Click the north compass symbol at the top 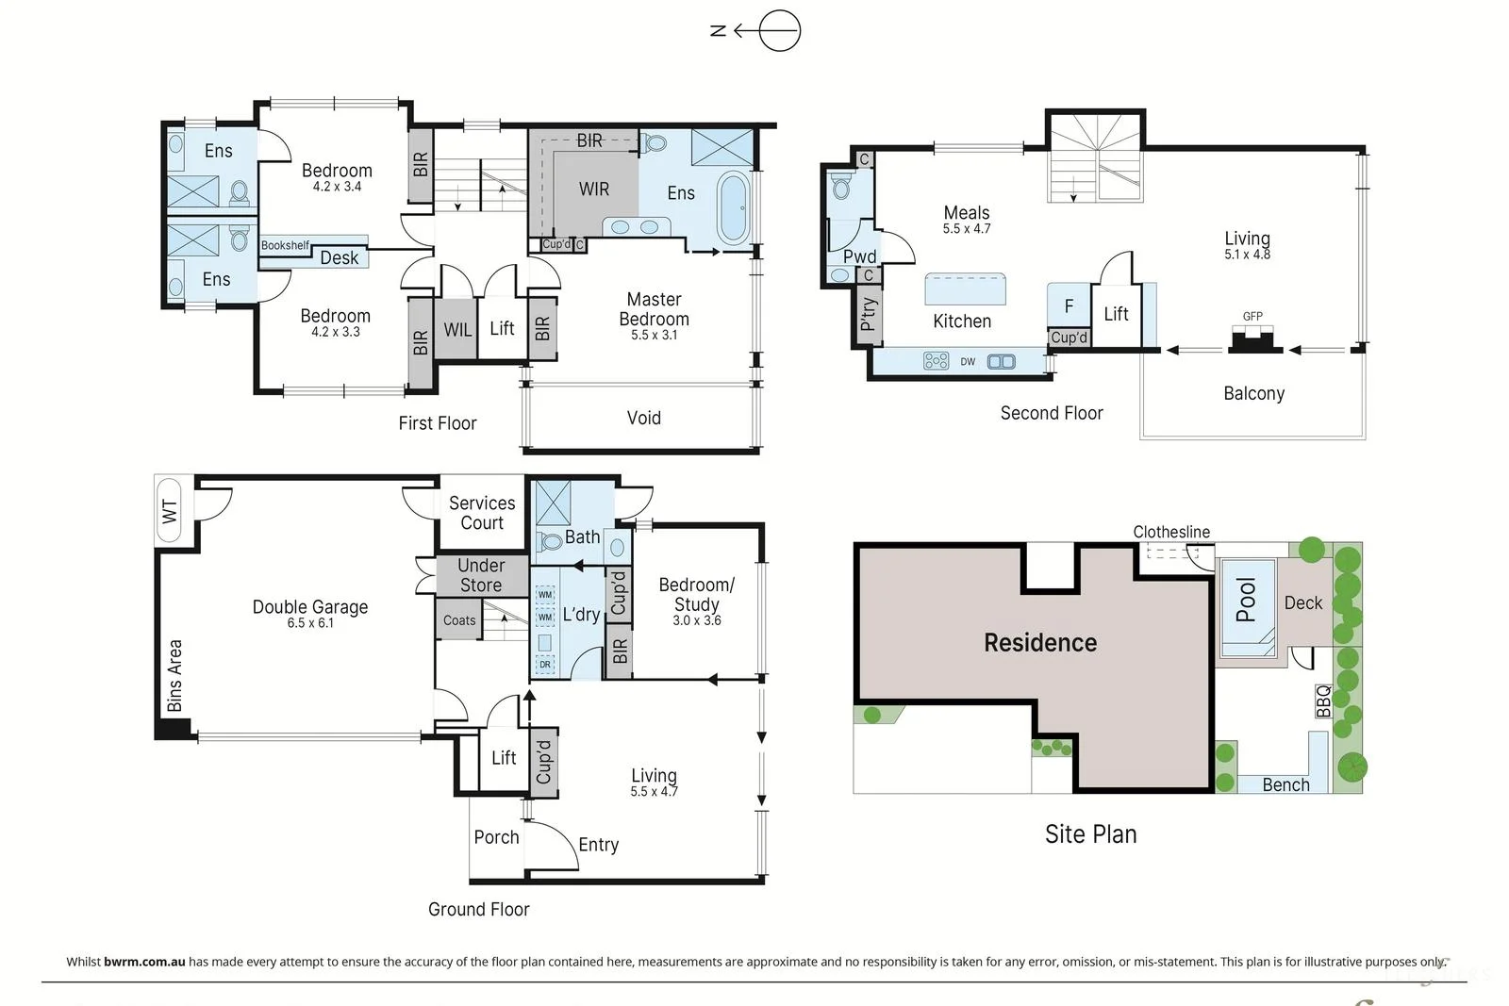pyautogui.click(x=755, y=31)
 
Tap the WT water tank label pyautogui.click(x=170, y=511)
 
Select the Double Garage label pyautogui.click(x=310, y=606)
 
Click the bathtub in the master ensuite pyautogui.click(x=734, y=207)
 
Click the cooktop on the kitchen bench pyautogui.click(x=936, y=361)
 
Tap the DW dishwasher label pyautogui.click(x=968, y=362)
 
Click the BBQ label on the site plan pyautogui.click(x=1324, y=701)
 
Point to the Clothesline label pyautogui.click(x=1171, y=532)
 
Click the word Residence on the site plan pyautogui.click(x=1040, y=642)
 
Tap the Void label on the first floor pyautogui.click(x=644, y=419)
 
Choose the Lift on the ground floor pyautogui.click(x=504, y=758)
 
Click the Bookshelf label pyautogui.click(x=285, y=245)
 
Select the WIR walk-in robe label pyautogui.click(x=593, y=190)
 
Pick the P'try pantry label pyautogui.click(x=869, y=314)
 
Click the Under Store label pyautogui.click(x=481, y=575)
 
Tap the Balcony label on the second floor pyautogui.click(x=1253, y=393)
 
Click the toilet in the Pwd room pyautogui.click(x=841, y=186)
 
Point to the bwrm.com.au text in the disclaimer pyautogui.click(x=144, y=962)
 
